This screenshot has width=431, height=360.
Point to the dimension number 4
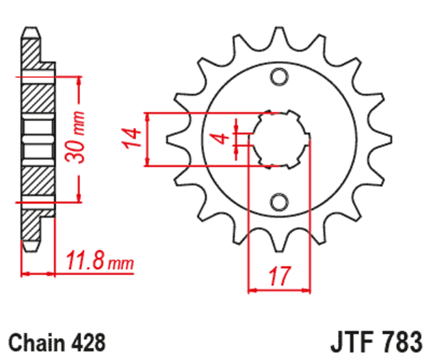pyautogui.click(x=220, y=138)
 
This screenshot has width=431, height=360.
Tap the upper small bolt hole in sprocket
pyautogui.click(x=279, y=77)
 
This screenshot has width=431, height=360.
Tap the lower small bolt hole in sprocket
pyautogui.click(x=279, y=201)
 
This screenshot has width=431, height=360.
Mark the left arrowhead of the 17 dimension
pyautogui.click(x=251, y=290)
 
